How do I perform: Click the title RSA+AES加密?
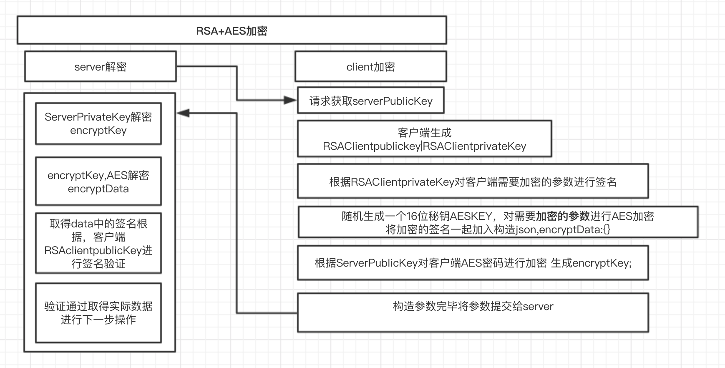click(232, 31)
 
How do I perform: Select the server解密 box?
click(100, 67)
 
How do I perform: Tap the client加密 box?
click(370, 67)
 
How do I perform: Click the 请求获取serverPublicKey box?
click(370, 101)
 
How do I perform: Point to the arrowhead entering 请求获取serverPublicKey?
click(290, 100)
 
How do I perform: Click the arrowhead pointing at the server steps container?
click(183, 113)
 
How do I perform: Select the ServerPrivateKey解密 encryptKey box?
click(98, 124)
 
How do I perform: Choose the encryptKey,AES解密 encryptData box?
click(98, 181)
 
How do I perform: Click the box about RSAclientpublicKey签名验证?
click(98, 243)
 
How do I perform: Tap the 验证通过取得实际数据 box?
click(98, 313)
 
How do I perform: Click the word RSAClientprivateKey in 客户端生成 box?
click(475, 146)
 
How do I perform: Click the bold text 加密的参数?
click(562, 216)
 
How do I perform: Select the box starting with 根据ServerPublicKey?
click(473, 263)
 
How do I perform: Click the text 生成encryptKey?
click(591, 263)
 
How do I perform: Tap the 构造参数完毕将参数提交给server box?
click(473, 312)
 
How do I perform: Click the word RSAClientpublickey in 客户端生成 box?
click(372, 146)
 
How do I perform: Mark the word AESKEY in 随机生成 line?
click(471, 216)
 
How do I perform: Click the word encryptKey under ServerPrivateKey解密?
click(98, 131)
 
